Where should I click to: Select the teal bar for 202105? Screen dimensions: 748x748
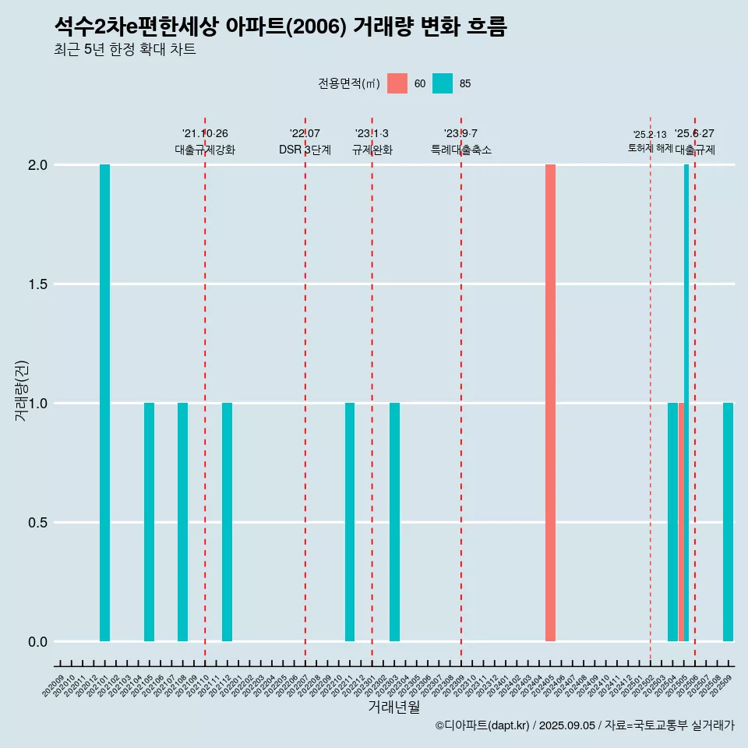tap(149, 522)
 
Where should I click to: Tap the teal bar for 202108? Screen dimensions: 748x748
tap(182, 522)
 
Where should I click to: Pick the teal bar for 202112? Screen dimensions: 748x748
tap(227, 522)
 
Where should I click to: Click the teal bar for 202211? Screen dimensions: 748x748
tap(350, 522)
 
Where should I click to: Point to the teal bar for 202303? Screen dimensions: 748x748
tap(394, 522)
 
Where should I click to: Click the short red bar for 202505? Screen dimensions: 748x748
tap(681, 522)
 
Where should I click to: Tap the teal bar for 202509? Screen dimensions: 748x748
tap(728, 522)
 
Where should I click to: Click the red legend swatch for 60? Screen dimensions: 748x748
tap(397, 83)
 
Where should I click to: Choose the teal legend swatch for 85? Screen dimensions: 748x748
tap(443, 83)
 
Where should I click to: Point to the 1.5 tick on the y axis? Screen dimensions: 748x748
tap(38, 284)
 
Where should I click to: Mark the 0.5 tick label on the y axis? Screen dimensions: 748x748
tap(38, 523)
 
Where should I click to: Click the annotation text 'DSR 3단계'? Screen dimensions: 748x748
tap(305, 150)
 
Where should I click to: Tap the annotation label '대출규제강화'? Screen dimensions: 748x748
tap(205, 150)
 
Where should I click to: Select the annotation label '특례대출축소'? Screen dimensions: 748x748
tap(461, 150)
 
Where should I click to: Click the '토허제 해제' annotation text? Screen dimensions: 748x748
tap(650, 148)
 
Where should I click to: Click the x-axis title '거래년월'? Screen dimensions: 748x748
tap(393, 707)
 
